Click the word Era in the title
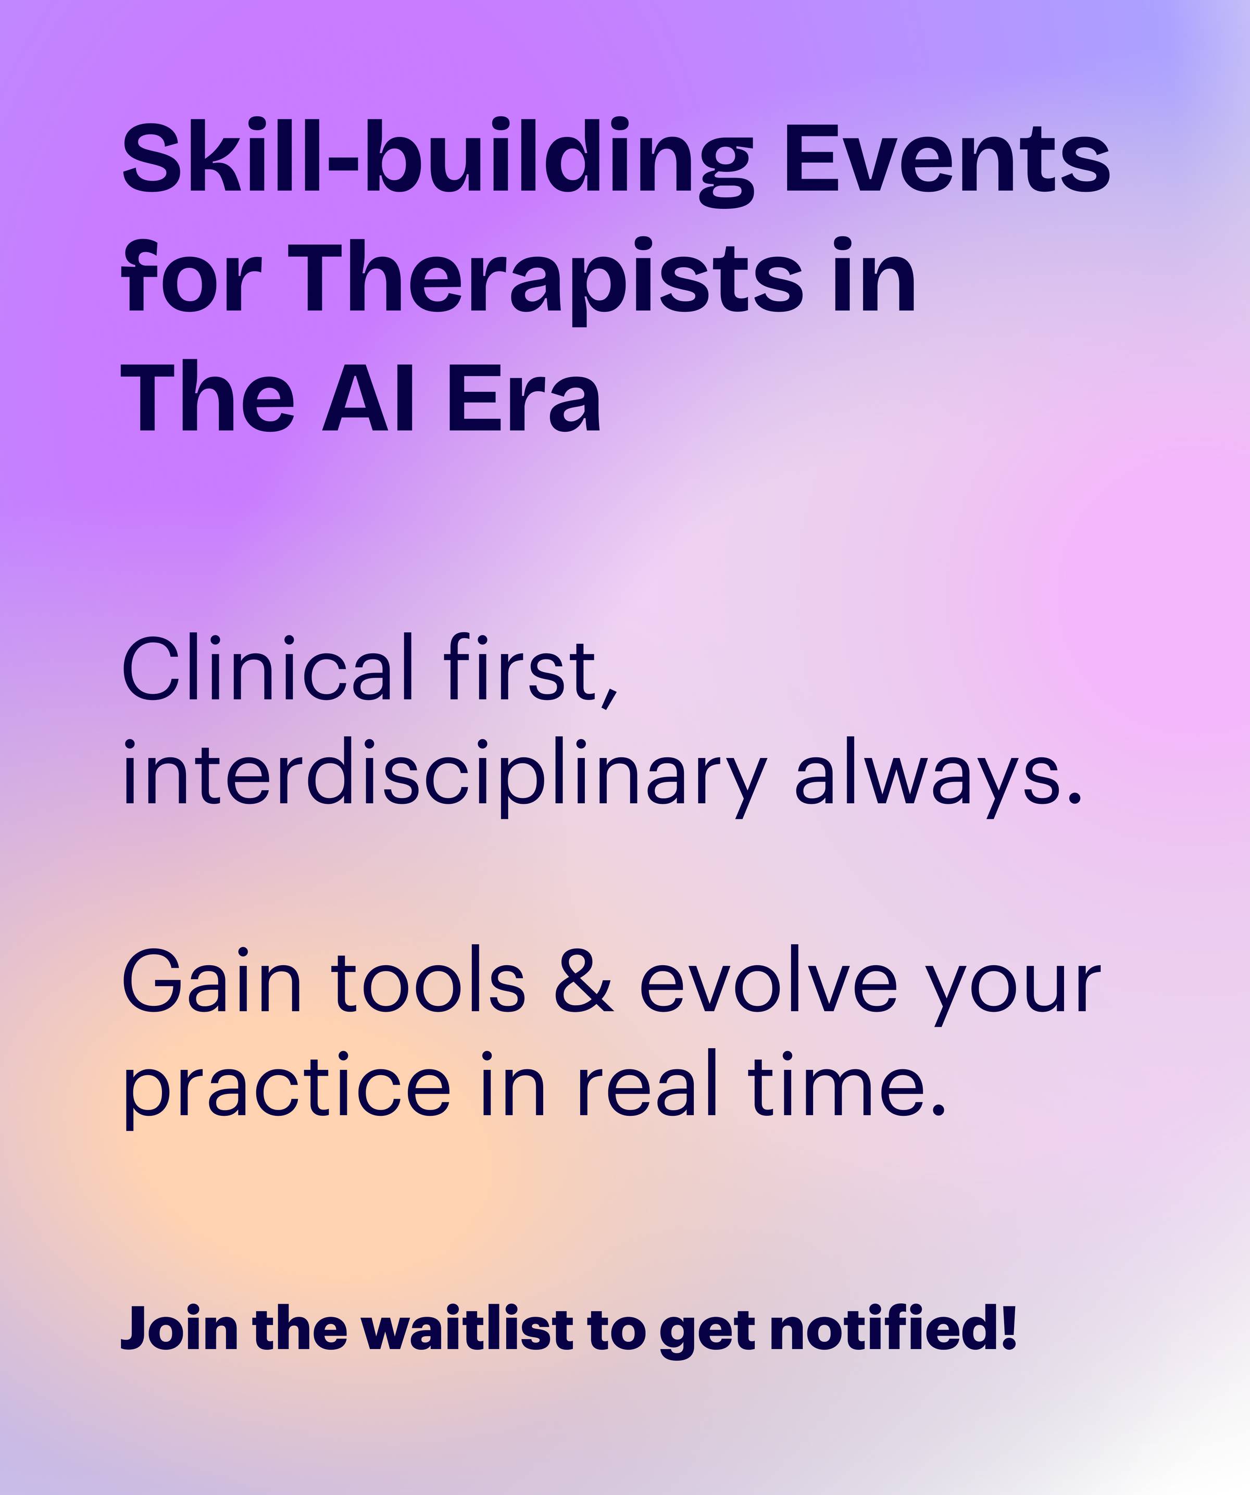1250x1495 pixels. tap(524, 396)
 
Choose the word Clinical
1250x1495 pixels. tap(268, 667)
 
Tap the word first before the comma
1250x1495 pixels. tap(520, 667)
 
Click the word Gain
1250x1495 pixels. tap(212, 982)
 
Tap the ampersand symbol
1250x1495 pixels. tap(584, 983)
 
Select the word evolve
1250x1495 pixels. tap(769, 982)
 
